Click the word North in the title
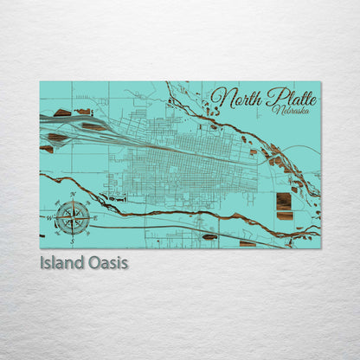(x=237, y=98)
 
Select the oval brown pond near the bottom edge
(x=209, y=236)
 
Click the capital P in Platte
(x=273, y=97)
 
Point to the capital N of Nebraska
(x=274, y=111)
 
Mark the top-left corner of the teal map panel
(x=40, y=82)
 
